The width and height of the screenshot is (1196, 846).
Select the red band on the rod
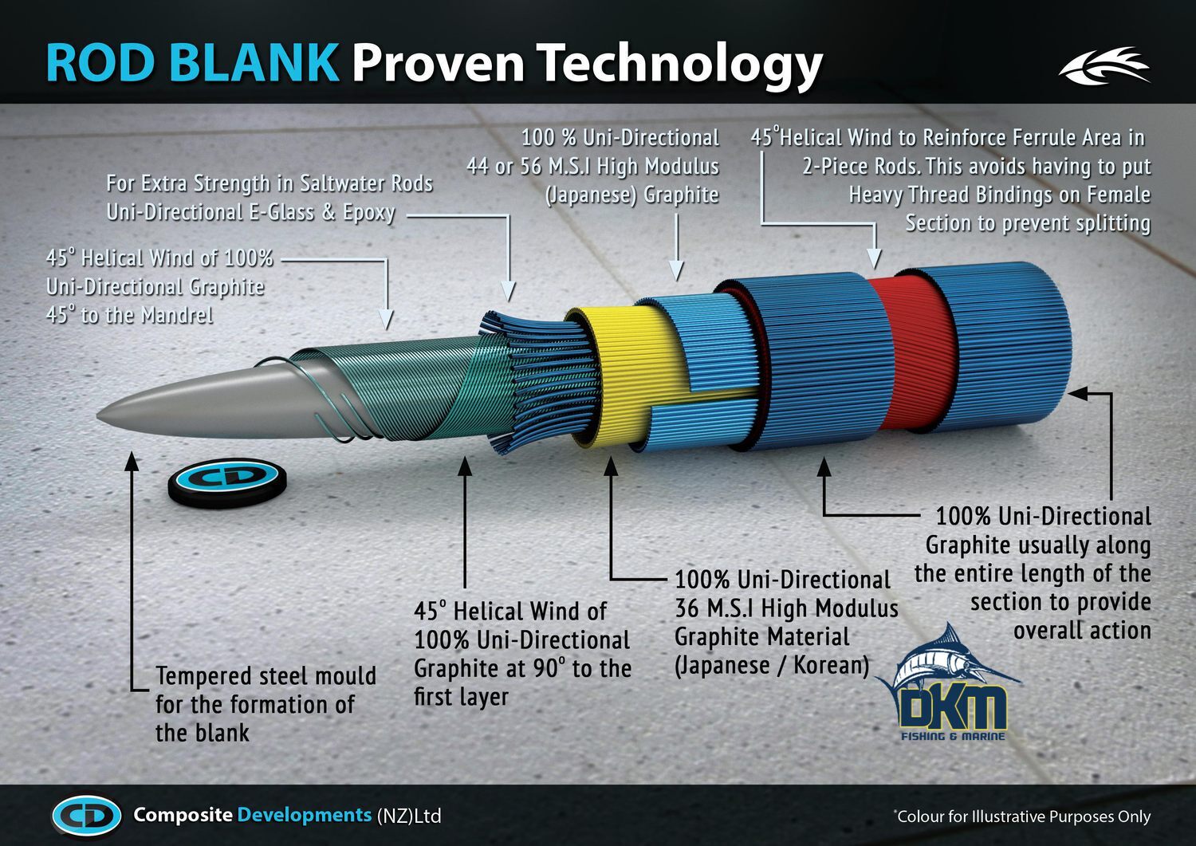coord(911,352)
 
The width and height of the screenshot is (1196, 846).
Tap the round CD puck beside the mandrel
coord(227,482)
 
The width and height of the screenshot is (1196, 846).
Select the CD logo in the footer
coord(87,816)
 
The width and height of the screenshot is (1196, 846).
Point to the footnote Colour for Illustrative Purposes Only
coord(1022,816)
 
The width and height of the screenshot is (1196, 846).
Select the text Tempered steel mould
coord(266,676)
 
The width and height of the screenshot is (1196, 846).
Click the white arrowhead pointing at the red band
coord(874,259)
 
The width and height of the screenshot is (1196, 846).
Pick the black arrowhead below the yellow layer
coord(611,466)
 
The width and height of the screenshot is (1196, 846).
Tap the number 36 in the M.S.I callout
coord(687,608)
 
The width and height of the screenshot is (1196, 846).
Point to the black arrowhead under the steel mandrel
coord(132,461)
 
